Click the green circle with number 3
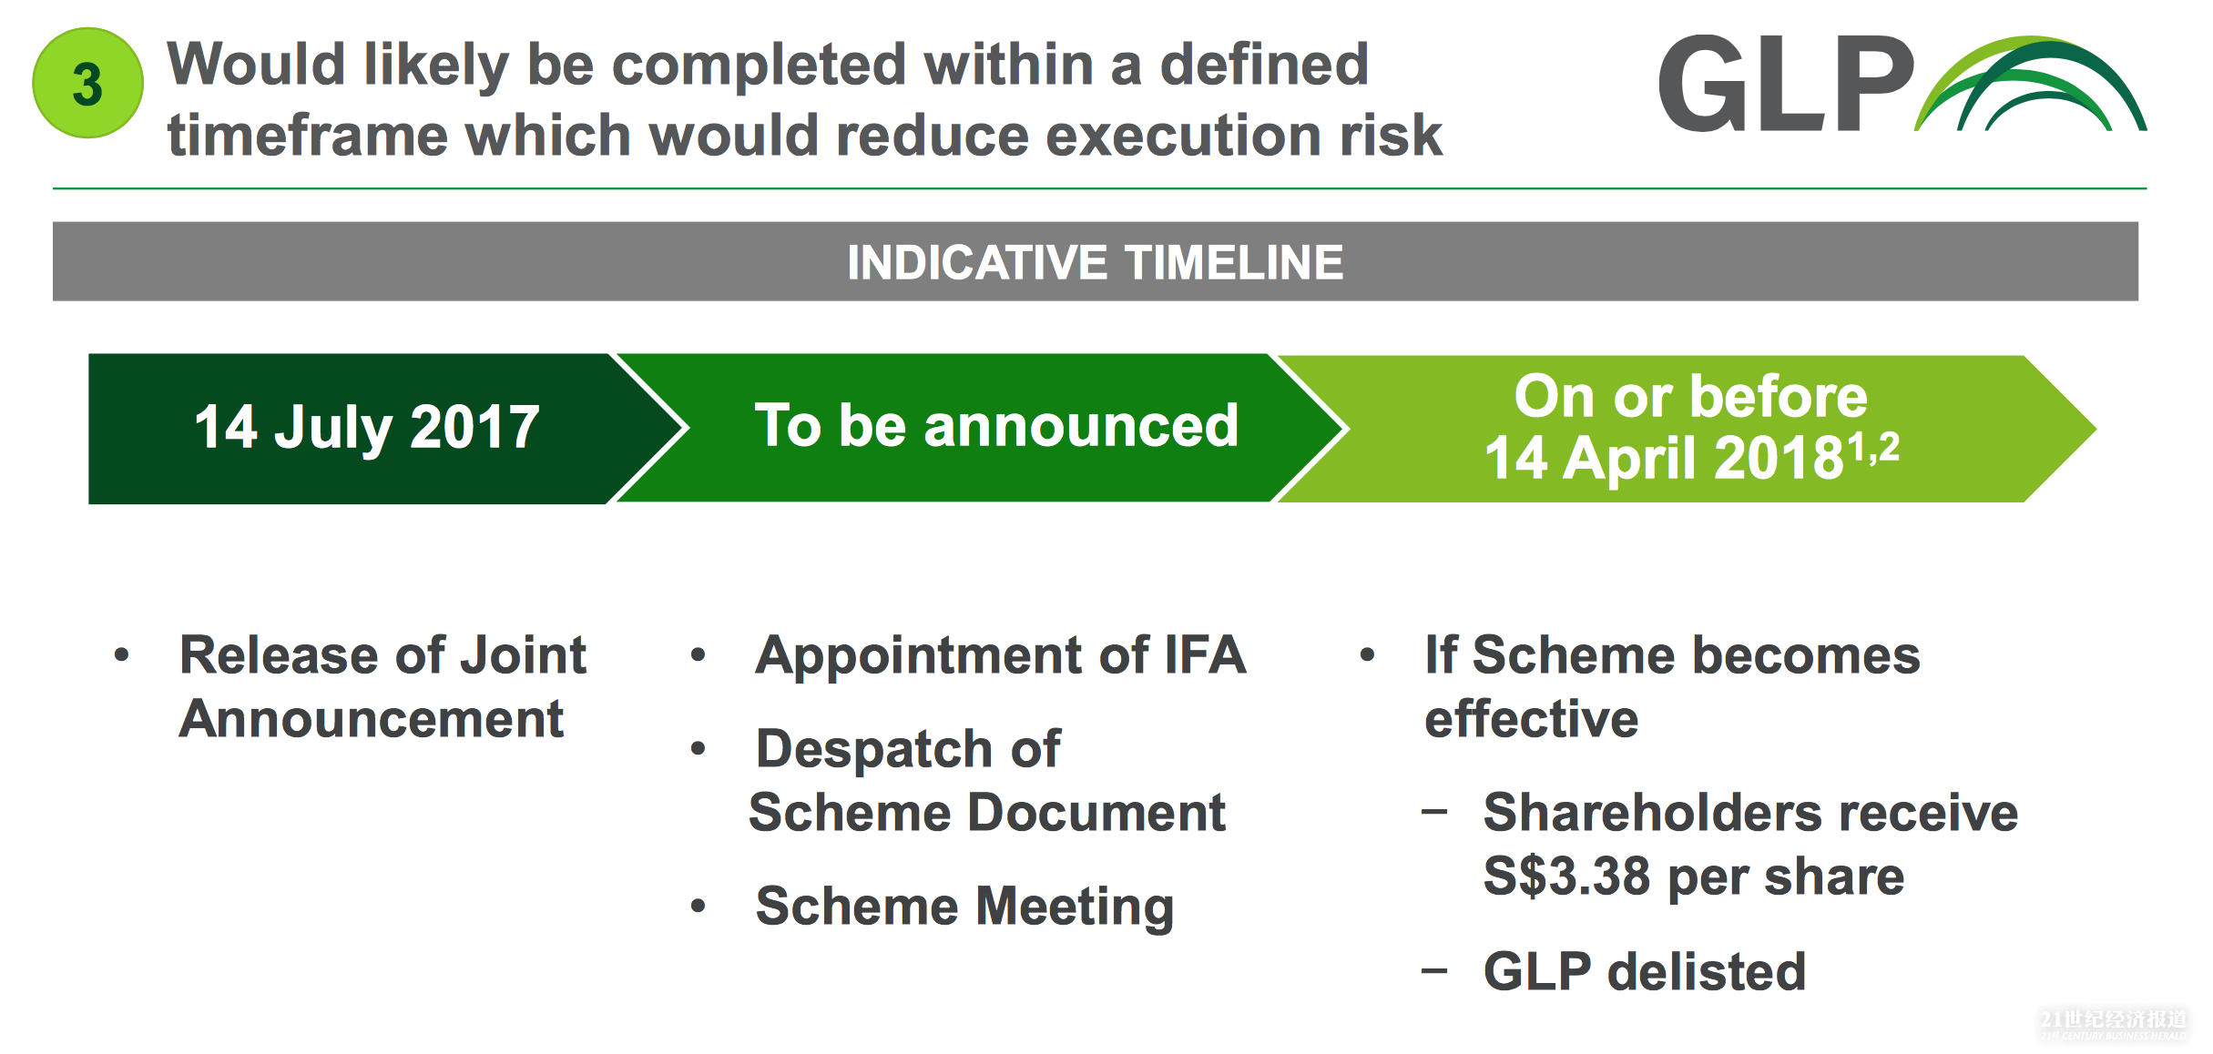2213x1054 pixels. click(87, 83)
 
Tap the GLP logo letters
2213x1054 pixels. click(1785, 84)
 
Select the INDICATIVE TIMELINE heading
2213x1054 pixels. click(1095, 262)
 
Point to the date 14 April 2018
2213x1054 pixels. click(1663, 457)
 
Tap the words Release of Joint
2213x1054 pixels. click(382, 655)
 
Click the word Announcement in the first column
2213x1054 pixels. click(372, 719)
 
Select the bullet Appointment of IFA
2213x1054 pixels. click(1000, 655)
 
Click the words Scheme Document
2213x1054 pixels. click(987, 812)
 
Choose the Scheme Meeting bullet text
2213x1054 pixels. click(965, 907)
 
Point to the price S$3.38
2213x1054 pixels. click(1566, 877)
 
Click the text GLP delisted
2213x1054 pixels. click(1645, 971)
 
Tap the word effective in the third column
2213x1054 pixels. click(1532, 719)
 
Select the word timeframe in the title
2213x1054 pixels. click(307, 135)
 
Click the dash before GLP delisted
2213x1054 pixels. click(1434, 971)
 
